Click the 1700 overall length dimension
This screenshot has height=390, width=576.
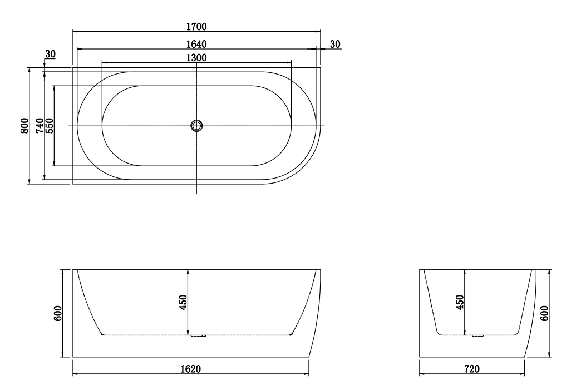point(197,26)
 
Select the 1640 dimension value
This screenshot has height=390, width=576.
point(197,43)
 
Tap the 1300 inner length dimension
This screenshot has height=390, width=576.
point(197,57)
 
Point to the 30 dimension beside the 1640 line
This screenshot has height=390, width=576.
point(335,44)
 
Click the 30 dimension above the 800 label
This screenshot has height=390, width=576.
point(50,54)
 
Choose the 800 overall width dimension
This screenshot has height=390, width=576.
point(24,126)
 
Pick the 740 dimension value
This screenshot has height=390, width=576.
point(40,126)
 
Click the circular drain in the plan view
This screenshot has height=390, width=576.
point(197,126)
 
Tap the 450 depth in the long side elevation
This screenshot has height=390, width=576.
point(184,302)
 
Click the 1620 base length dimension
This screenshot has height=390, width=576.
point(191,369)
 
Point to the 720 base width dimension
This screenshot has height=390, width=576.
point(472,369)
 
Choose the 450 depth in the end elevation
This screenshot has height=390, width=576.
point(460,302)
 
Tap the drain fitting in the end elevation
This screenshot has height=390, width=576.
point(477,336)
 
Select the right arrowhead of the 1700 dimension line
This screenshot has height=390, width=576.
point(319,31)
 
